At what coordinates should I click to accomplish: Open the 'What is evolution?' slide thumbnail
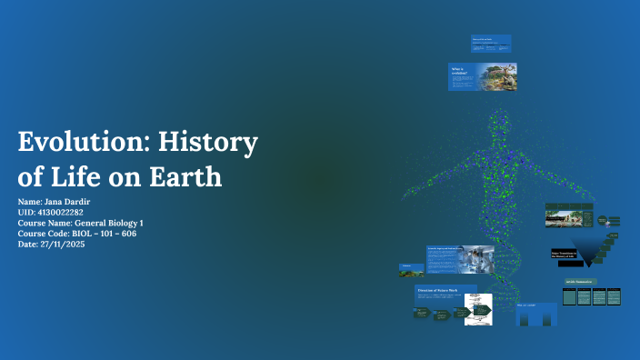click(482, 76)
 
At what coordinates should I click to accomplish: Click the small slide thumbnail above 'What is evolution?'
click(491, 44)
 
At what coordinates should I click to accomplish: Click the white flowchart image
click(478, 310)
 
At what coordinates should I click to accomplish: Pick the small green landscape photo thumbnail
click(411, 269)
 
